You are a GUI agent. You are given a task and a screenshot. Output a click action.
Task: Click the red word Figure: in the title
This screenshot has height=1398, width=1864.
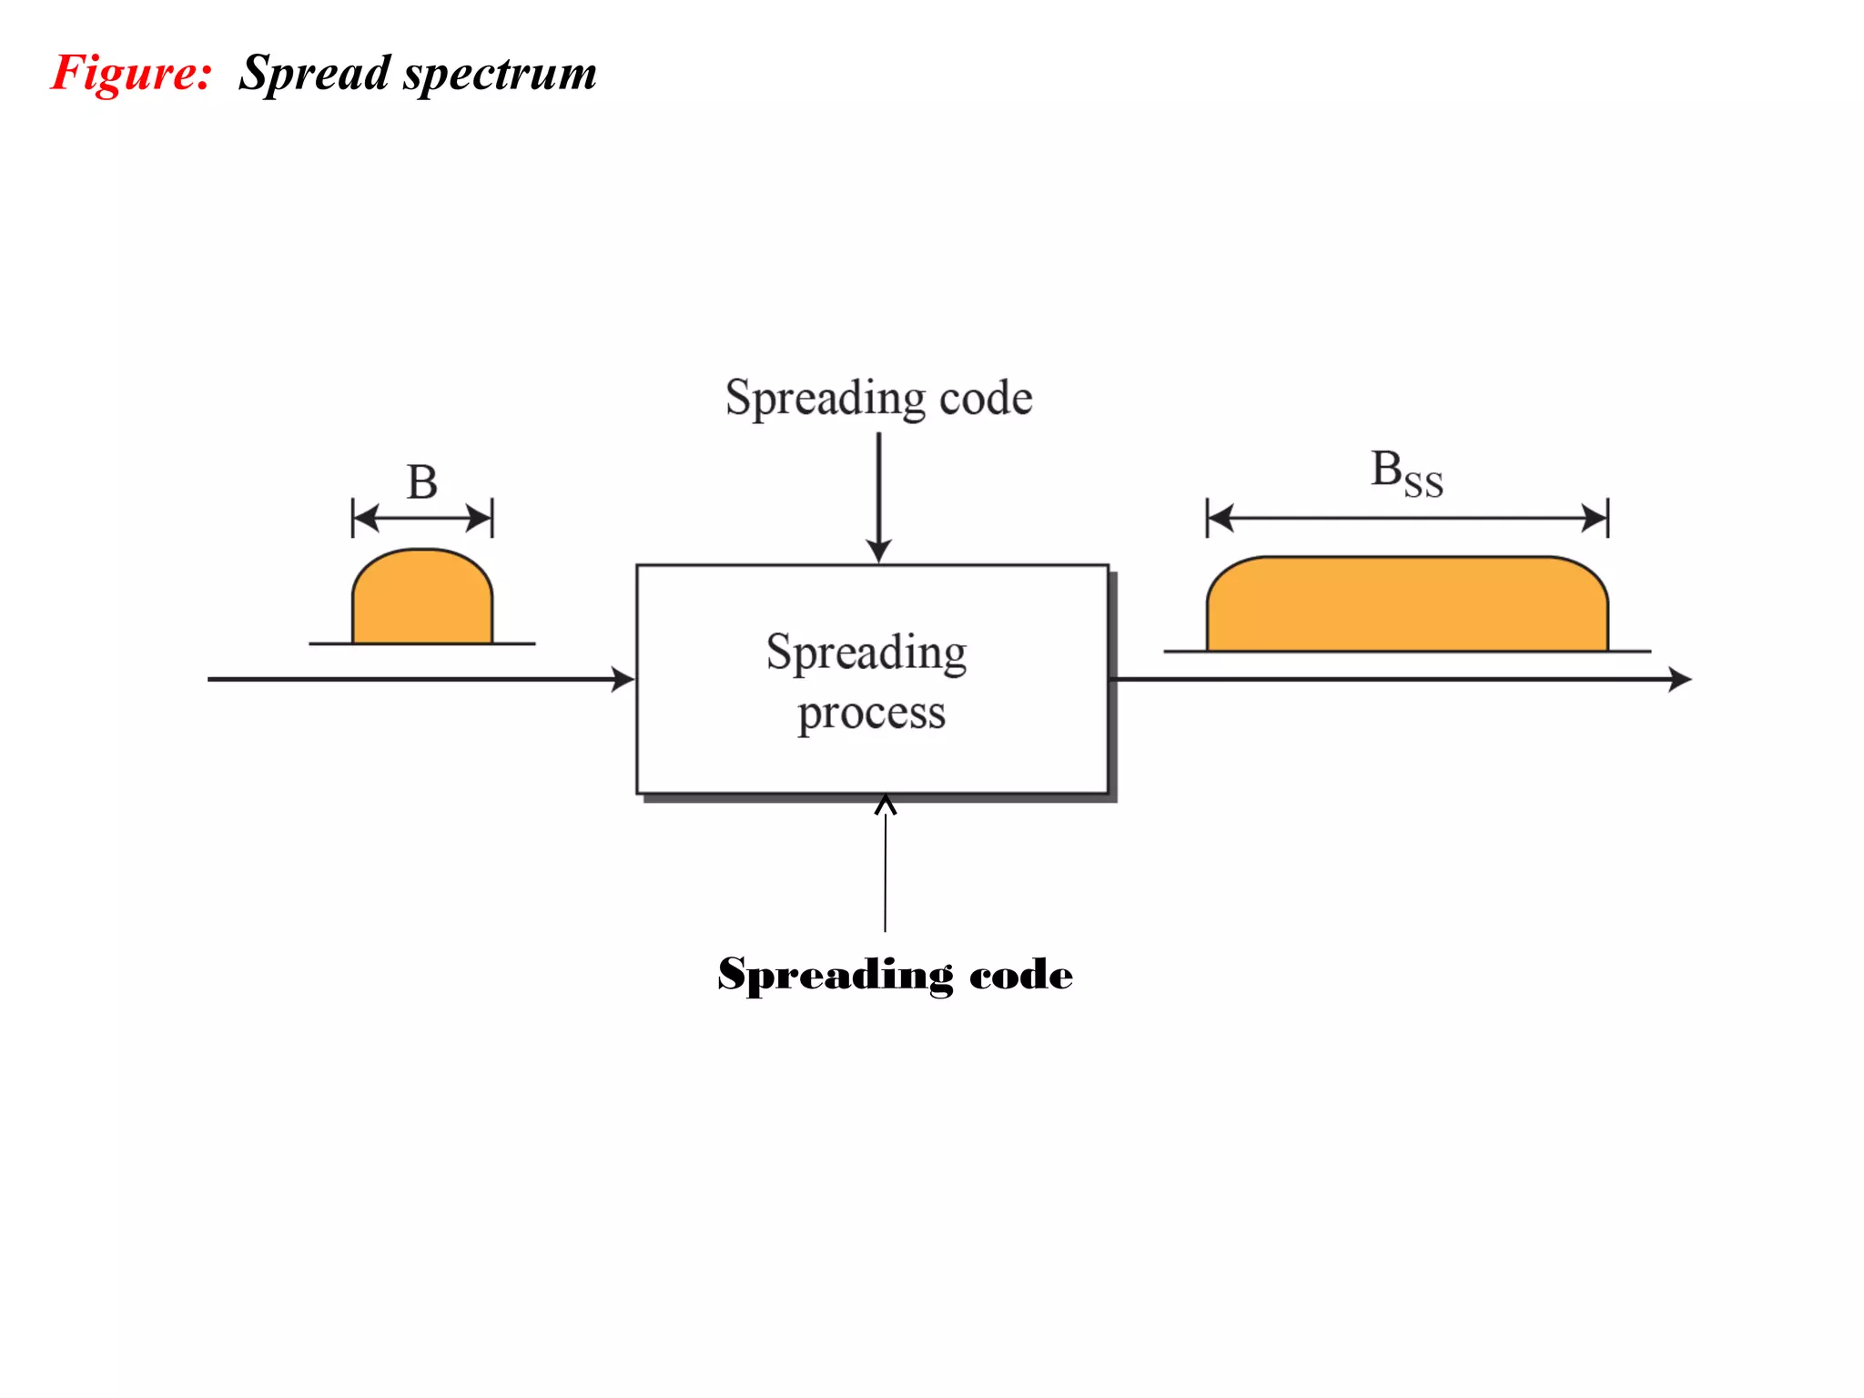pos(131,73)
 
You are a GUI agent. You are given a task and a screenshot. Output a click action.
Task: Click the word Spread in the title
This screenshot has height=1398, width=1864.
pos(314,74)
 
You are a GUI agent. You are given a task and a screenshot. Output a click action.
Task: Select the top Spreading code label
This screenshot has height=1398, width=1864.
pos(878,399)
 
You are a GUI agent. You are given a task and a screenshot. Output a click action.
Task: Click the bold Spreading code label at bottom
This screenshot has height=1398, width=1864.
pos(895,975)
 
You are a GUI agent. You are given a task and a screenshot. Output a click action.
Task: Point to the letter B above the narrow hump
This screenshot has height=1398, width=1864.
pos(421,482)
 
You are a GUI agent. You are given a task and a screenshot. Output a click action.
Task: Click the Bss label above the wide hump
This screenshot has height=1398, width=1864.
pos(1406,474)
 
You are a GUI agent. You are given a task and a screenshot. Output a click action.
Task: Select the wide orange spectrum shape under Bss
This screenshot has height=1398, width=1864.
pos(1407,605)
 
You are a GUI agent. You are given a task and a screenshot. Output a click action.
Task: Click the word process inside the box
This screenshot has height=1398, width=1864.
pos(871,714)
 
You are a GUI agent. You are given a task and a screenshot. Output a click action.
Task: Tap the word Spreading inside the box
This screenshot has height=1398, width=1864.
pos(866,653)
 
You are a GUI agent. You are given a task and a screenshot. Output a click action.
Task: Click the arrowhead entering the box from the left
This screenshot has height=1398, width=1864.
pos(623,679)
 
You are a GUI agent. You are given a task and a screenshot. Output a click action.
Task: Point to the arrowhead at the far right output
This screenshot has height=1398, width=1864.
pos(1680,679)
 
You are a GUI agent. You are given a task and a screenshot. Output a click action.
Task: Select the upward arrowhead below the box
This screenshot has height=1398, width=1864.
pos(885,805)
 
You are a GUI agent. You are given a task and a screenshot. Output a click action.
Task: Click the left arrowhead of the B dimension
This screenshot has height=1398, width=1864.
pos(365,519)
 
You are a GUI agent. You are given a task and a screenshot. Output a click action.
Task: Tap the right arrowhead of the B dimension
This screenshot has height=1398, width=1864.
pos(480,519)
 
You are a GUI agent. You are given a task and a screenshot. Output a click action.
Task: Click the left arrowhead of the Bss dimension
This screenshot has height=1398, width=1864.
pos(1220,519)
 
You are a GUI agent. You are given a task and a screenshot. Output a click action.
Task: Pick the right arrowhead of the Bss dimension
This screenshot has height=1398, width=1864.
pos(1596,519)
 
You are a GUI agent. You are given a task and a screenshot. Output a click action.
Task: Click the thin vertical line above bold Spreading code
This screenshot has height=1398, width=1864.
pos(885,874)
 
